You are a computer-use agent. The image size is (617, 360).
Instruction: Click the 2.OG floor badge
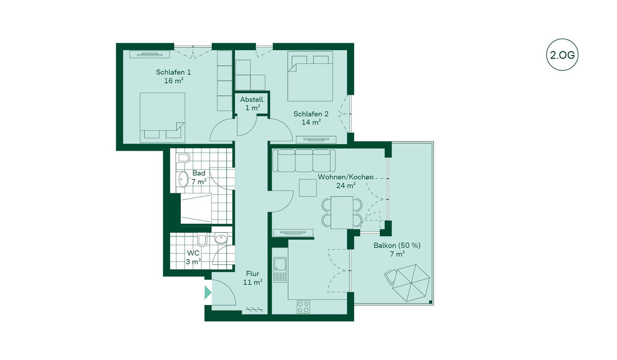(562, 55)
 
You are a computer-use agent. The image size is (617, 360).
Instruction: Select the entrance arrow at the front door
(208, 292)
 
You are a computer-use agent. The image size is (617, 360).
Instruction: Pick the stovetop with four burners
(303, 307)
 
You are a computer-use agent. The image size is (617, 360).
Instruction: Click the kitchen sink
(280, 269)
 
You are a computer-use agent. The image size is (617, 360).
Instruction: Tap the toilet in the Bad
(183, 158)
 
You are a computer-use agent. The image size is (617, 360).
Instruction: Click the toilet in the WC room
(202, 241)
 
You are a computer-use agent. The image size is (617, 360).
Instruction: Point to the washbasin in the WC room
(221, 239)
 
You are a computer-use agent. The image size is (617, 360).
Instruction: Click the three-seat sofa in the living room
(304, 160)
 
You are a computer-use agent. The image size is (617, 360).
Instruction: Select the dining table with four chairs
(342, 212)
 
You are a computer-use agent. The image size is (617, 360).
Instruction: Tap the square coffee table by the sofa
(307, 188)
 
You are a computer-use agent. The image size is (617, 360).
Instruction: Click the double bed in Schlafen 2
(310, 76)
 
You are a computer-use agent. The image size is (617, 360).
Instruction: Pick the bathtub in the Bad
(196, 208)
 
